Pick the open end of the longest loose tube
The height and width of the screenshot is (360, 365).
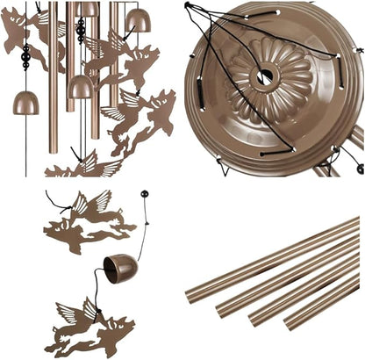[191, 293]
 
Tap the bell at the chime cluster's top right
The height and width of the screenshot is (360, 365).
[138, 19]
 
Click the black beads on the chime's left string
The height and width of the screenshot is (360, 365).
[26, 60]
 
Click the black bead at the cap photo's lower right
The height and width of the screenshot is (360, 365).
[359, 168]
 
